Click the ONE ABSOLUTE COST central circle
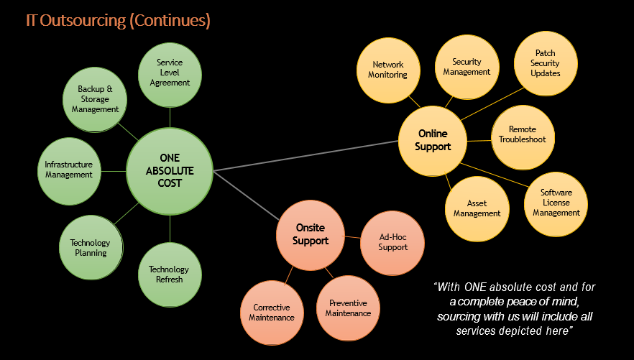(x=170, y=172)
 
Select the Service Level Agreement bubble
(x=170, y=73)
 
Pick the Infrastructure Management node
(x=69, y=170)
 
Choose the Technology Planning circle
(x=91, y=248)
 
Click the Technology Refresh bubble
(x=169, y=274)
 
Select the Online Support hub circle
(x=433, y=140)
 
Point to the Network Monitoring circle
(x=387, y=70)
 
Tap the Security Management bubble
(x=467, y=67)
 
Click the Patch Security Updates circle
(x=545, y=63)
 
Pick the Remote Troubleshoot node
(x=522, y=134)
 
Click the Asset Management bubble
(x=477, y=208)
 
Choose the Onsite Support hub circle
(x=311, y=234)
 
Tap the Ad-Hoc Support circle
(x=392, y=242)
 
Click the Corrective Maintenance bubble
(x=272, y=312)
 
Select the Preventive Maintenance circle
(x=348, y=308)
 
